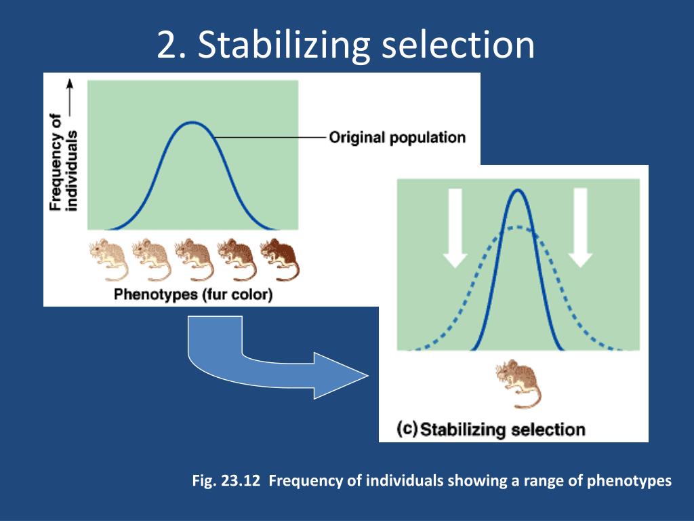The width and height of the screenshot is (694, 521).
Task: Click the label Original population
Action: click(397, 138)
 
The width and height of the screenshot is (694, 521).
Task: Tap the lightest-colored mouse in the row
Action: click(108, 259)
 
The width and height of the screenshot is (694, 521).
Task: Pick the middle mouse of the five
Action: click(194, 259)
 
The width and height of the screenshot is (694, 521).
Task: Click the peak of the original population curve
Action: click(193, 123)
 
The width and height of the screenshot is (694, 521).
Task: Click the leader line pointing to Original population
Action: click(271, 138)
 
